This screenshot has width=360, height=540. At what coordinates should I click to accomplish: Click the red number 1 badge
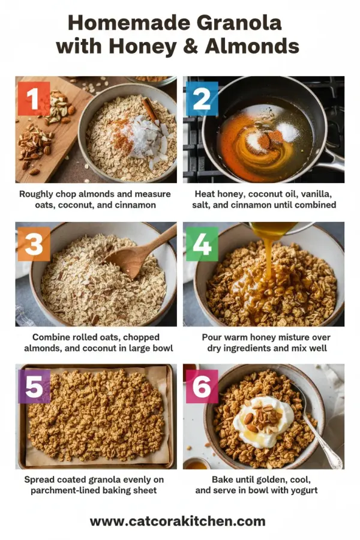34,98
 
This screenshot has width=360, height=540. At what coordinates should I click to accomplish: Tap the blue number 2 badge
202,98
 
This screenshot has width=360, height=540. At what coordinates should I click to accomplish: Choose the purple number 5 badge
34,386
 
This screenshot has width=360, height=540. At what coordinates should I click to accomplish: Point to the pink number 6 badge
202,386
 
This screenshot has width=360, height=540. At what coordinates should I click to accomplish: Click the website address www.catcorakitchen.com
178,521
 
